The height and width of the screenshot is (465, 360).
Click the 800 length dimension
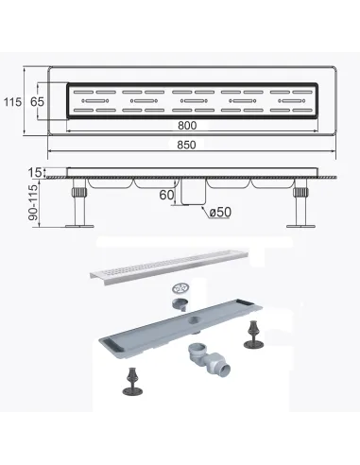[x=187, y=126]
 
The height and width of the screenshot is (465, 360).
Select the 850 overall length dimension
[x=186, y=145]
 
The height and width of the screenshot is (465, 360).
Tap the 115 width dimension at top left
[x=12, y=102]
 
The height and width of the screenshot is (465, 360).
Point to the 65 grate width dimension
[x=37, y=102]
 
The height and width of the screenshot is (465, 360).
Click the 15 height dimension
[x=34, y=172]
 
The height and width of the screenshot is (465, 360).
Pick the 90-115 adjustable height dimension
[x=33, y=202]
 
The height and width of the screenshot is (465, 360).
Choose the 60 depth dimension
[x=166, y=195]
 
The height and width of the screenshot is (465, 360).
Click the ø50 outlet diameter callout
[x=220, y=212]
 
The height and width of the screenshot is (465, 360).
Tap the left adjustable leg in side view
[x=79, y=202]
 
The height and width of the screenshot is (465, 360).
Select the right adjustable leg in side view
[x=300, y=202]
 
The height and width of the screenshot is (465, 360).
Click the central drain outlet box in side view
[x=193, y=192]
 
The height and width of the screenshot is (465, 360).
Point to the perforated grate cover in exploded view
[x=169, y=265]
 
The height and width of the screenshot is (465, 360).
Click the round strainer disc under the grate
[x=180, y=287]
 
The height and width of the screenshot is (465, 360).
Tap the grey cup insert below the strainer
[x=180, y=304]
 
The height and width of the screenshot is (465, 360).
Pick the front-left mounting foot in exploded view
[x=132, y=381]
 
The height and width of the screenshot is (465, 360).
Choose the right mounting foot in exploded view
[x=253, y=335]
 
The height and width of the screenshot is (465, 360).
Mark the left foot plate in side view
[x=79, y=226]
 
